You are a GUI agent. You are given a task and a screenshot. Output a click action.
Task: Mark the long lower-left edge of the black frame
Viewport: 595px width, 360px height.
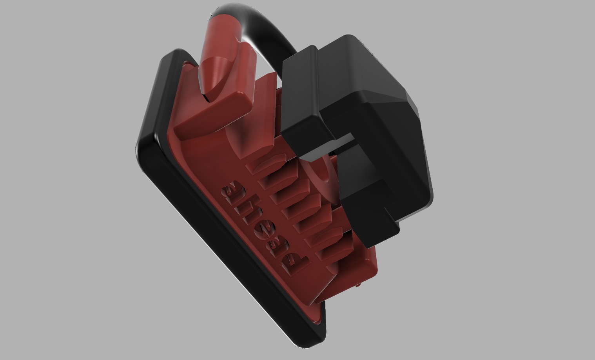219,251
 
